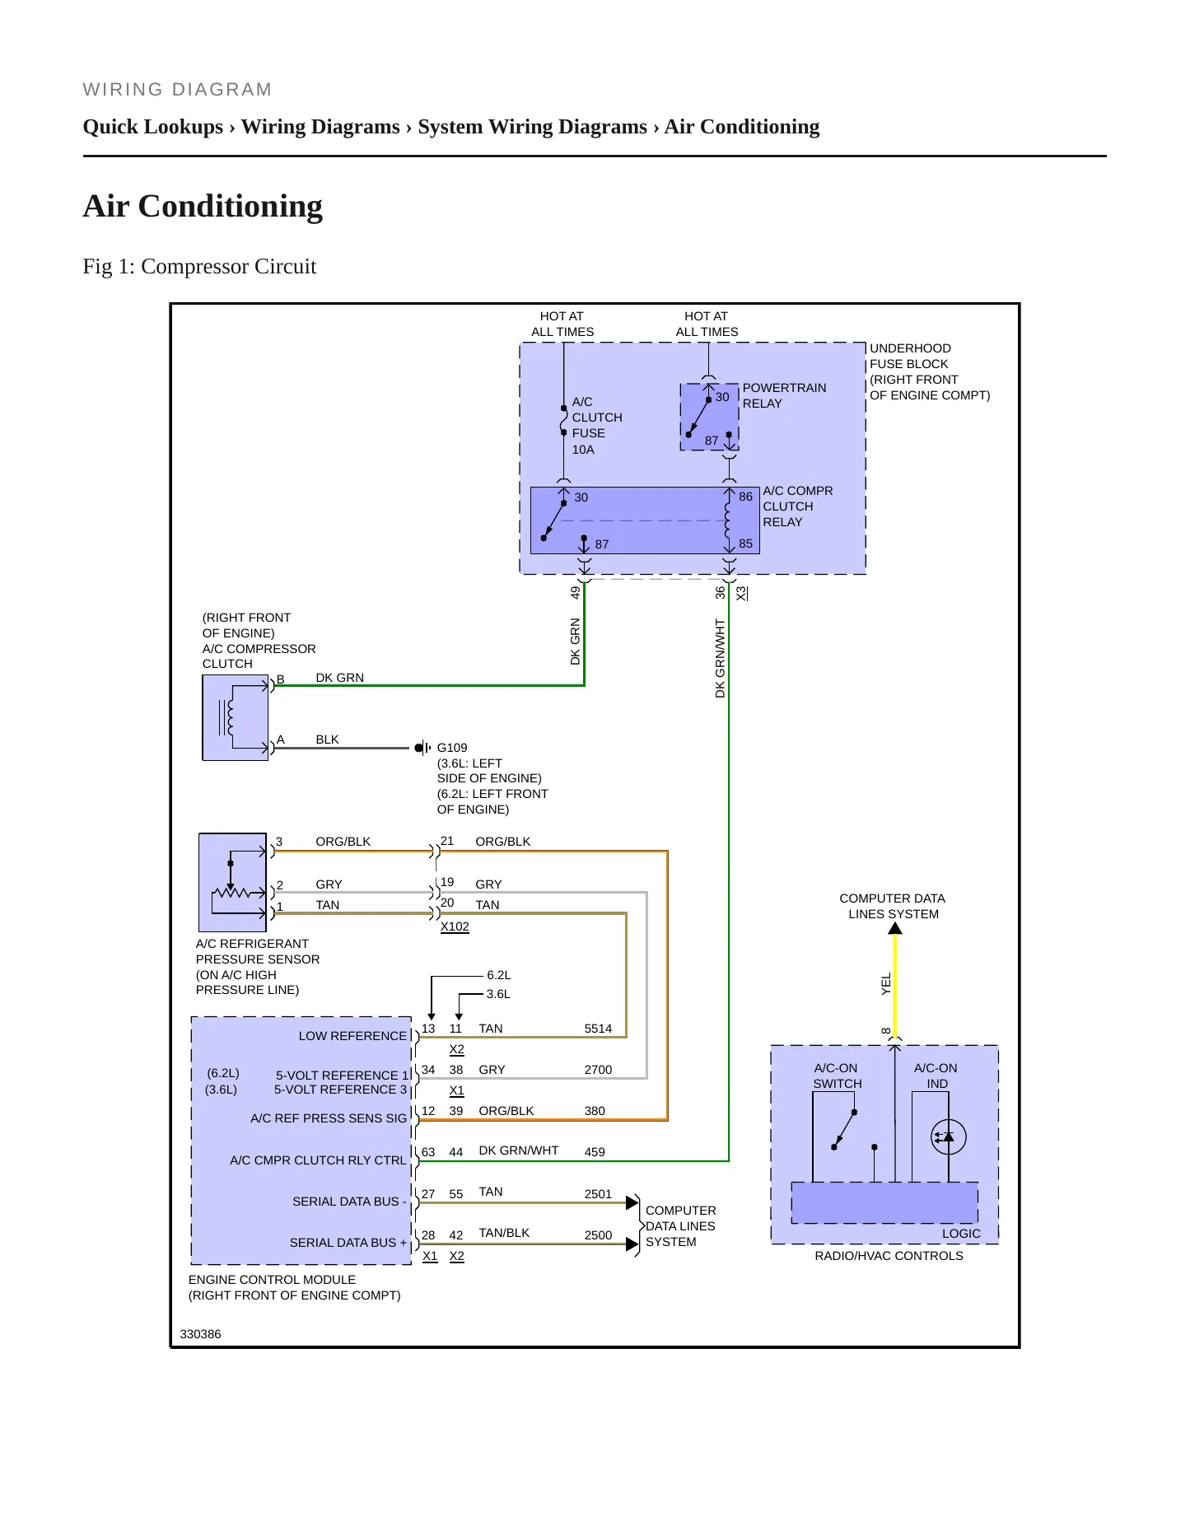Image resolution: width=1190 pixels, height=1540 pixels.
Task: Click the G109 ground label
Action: click(452, 748)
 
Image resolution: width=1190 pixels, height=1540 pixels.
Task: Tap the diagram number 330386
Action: click(200, 1334)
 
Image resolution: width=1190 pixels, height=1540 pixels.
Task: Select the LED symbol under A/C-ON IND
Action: click(948, 1137)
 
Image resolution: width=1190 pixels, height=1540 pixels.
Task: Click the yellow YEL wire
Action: click(895, 986)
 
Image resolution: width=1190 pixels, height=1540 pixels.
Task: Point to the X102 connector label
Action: click(455, 926)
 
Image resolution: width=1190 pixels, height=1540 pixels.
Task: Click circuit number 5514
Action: click(599, 1029)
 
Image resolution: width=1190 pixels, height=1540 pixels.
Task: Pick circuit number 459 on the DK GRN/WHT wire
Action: click(595, 1152)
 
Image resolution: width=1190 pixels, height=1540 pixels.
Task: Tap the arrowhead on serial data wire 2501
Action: click(632, 1202)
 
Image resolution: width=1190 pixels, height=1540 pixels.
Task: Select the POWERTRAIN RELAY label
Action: click(784, 395)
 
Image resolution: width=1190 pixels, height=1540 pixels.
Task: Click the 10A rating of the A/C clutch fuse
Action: click(583, 450)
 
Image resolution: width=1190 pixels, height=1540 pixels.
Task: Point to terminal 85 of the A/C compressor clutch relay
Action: click(745, 544)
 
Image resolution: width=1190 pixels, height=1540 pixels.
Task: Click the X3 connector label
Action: click(741, 593)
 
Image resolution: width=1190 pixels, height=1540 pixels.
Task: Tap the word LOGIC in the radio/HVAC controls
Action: click(961, 1234)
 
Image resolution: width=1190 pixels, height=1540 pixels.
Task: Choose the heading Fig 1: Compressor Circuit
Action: click(199, 267)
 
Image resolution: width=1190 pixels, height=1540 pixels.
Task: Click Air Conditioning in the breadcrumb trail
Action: click(742, 127)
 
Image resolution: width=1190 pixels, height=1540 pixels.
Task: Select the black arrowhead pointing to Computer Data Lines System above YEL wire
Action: click(895, 928)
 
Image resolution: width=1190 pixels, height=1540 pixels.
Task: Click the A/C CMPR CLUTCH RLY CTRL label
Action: click(318, 1160)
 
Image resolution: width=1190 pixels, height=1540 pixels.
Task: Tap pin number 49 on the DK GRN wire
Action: click(576, 592)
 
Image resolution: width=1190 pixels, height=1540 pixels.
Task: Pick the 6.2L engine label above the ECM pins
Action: click(499, 975)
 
